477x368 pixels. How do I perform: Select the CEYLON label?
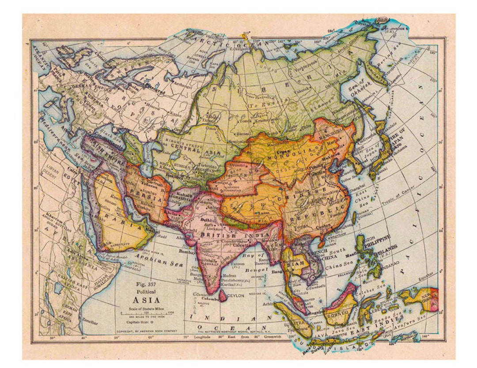pyautogui.click(x=236, y=296)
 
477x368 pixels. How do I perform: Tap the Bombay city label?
pyautogui.click(x=187, y=252)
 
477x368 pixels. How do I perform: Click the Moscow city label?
pyautogui.click(x=152, y=107)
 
